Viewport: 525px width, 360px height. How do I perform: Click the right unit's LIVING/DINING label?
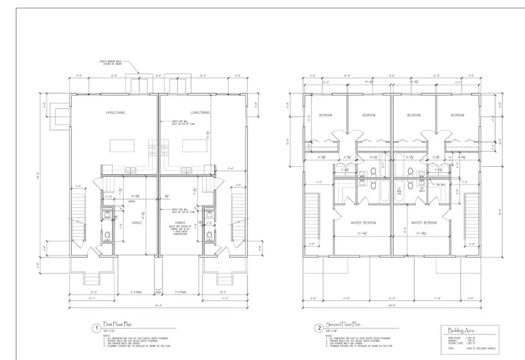(x=200, y=112)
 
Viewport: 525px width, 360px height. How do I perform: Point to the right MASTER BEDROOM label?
(x=424, y=223)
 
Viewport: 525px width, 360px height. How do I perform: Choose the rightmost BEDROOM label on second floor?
(x=457, y=116)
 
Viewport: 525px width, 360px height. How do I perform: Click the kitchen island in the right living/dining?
(x=194, y=145)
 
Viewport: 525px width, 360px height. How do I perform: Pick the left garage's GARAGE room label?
(x=136, y=222)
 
